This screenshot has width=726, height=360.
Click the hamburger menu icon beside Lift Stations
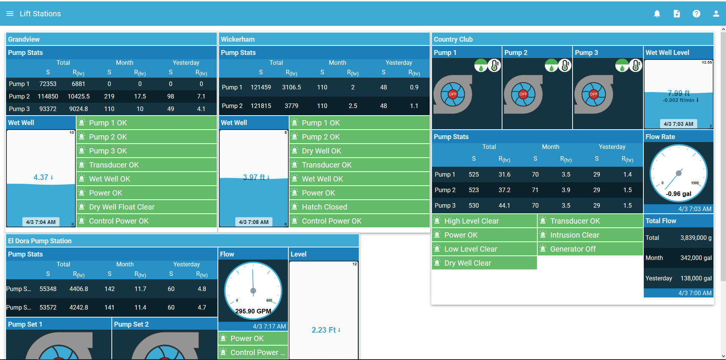coord(10,14)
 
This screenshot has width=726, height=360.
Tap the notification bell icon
coord(657,14)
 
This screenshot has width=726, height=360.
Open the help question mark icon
coord(696,14)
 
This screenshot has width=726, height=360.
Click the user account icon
coord(716,14)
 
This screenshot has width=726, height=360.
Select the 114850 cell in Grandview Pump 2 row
coord(48,96)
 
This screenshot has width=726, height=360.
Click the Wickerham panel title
coord(238,39)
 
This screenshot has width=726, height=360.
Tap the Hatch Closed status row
coord(360,207)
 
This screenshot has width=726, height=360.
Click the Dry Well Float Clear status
coord(147,207)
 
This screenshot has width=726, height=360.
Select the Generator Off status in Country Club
coord(590,249)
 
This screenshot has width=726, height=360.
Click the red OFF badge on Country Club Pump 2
coord(523,94)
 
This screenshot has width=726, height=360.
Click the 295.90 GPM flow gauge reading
coord(253,311)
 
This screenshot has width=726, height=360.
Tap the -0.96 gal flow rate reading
coord(679,194)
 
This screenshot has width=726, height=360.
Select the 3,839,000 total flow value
coord(696,238)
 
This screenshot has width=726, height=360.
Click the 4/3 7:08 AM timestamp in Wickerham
coord(253,222)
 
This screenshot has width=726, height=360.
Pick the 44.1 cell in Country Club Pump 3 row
coord(504,205)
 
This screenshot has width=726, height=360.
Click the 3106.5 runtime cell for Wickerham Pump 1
coord(291,87)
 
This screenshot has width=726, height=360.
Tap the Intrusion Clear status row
coord(590,235)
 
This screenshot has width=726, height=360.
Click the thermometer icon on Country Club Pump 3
coord(635,66)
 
